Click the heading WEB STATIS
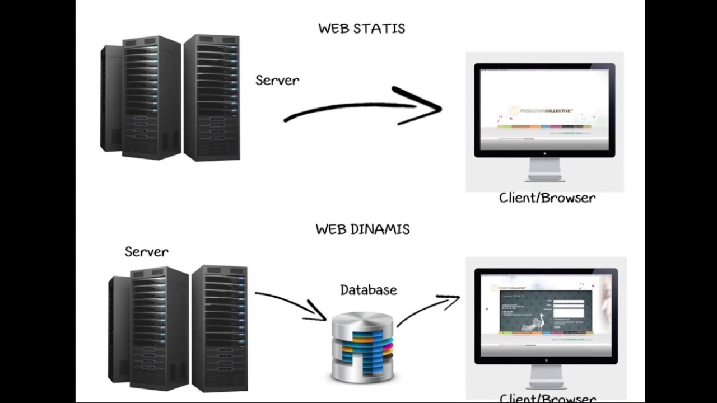click(361, 29)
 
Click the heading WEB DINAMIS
click(362, 229)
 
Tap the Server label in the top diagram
click(277, 81)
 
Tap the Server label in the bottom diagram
click(146, 252)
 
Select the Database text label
click(368, 290)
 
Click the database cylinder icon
click(362, 348)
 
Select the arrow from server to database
click(291, 305)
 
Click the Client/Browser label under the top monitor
click(547, 198)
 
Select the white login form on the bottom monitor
click(568, 309)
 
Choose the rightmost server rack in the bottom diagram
click(220, 329)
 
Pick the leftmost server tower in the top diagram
click(110, 99)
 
